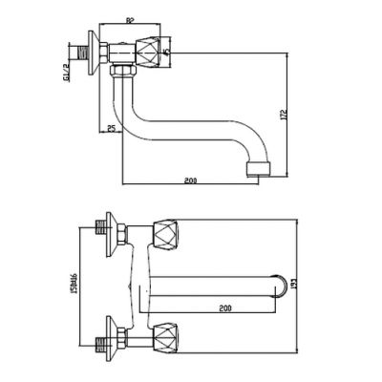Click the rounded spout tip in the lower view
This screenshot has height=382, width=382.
(280, 280)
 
